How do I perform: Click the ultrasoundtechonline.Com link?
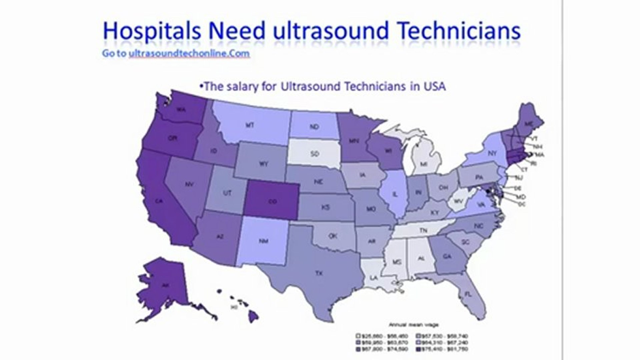[189, 53]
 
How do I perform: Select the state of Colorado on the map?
[272, 201]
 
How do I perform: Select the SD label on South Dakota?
[314, 154]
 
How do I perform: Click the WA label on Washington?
[181, 109]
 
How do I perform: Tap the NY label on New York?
[492, 153]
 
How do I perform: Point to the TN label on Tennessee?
[423, 230]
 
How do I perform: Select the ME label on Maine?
[528, 124]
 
